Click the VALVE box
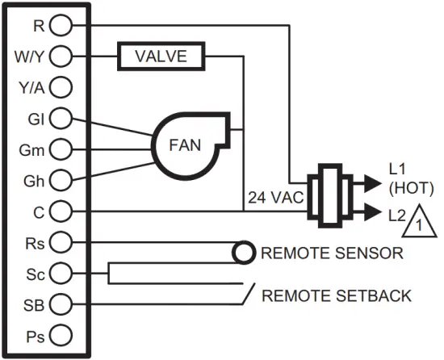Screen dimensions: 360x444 tap(161, 56)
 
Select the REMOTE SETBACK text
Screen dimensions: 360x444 tap(337, 295)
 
